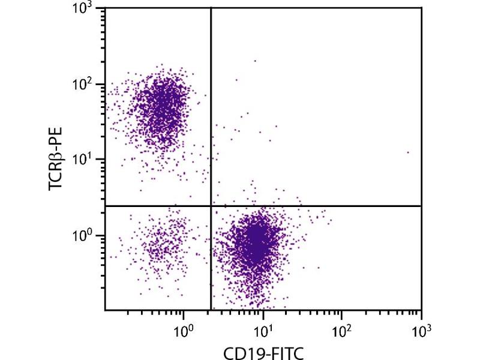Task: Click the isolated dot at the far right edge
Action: pos(408,152)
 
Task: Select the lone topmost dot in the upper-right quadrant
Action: pos(255,61)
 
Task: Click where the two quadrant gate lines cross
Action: pos(211,206)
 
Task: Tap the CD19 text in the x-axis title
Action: pos(239,350)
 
